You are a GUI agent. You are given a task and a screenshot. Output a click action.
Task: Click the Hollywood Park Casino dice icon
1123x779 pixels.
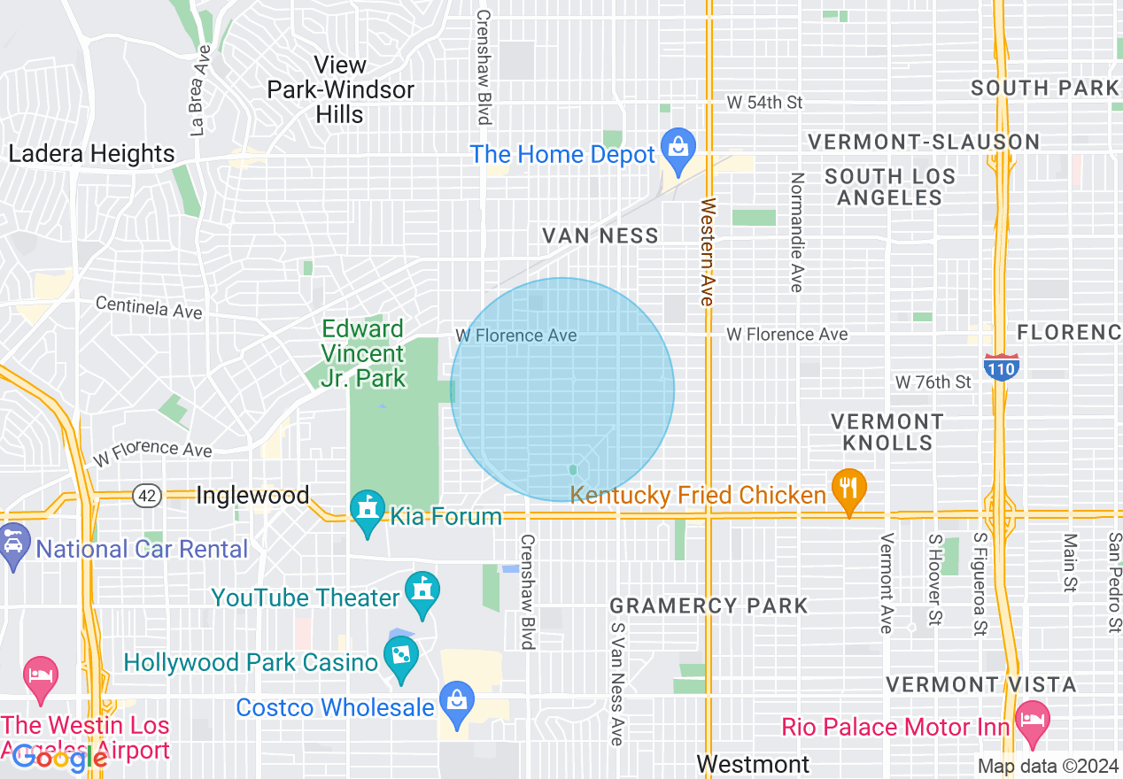click(401, 657)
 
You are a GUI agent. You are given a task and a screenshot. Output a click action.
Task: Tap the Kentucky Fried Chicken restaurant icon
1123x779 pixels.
click(849, 489)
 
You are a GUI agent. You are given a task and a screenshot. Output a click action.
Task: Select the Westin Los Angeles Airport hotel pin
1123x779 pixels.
click(41, 676)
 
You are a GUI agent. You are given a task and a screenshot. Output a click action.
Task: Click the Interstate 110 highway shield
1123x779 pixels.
click(1001, 366)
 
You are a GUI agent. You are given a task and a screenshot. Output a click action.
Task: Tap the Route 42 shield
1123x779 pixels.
click(147, 497)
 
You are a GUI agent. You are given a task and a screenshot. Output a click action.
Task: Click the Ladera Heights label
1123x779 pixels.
click(91, 154)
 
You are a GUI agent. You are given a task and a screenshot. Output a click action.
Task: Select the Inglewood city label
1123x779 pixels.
click(252, 496)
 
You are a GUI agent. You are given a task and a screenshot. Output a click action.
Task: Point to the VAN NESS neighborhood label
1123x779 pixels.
click(600, 235)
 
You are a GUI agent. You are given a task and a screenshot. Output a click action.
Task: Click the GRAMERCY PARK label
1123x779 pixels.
click(709, 606)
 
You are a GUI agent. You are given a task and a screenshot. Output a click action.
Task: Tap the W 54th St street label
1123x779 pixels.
click(763, 103)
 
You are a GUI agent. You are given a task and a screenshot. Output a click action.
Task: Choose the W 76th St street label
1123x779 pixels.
click(933, 382)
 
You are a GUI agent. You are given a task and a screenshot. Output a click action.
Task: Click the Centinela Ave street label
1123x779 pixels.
click(149, 307)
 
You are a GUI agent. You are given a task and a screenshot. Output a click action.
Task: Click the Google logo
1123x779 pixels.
click(60, 757)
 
